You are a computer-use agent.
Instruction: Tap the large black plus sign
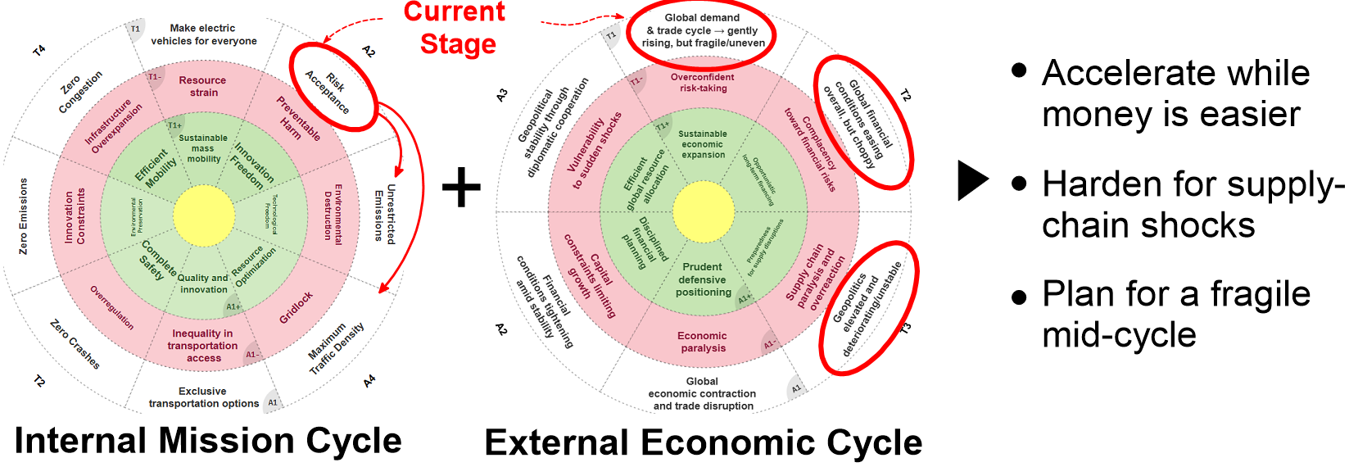462,187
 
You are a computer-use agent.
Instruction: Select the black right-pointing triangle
972,180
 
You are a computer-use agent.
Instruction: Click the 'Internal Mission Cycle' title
208,441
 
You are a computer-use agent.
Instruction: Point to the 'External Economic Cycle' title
703,442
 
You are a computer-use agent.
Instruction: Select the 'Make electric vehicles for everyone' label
204,34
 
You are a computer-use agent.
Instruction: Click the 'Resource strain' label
203,86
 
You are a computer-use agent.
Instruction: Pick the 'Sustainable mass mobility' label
203,148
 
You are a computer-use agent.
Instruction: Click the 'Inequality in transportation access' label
203,345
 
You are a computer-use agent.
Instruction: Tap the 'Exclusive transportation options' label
203,397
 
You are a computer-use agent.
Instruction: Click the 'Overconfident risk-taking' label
703,83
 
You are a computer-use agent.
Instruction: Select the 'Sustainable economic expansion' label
703,144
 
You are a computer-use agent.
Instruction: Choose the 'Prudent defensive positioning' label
703,279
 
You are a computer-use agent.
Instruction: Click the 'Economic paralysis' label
703,342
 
